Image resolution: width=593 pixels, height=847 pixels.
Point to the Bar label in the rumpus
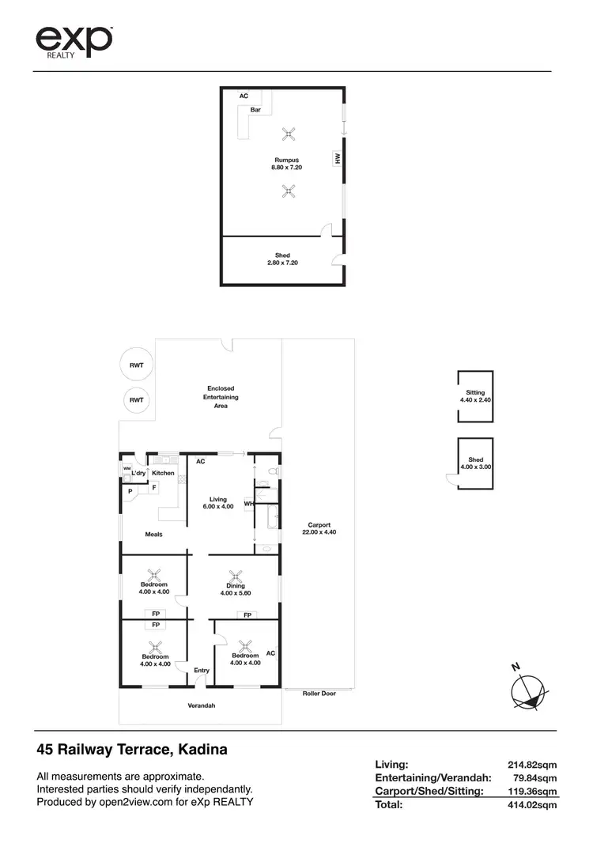[255, 110]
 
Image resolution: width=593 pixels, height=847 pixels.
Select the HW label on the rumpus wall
[338, 159]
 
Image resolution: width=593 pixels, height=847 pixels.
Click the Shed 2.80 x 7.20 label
[282, 259]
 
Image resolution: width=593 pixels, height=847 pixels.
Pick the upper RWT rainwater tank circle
[137, 365]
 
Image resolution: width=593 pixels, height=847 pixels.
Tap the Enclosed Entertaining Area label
[221, 397]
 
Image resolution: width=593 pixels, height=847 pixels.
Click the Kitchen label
[163, 473]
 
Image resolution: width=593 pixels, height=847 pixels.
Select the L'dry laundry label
[138, 473]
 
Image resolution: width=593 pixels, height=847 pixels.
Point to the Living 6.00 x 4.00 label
[218, 502]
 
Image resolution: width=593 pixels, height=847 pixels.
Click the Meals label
[153, 535]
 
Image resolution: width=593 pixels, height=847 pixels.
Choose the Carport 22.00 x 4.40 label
[319, 528]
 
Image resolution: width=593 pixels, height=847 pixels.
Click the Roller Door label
[319, 694]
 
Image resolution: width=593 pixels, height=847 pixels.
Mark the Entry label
[202, 671]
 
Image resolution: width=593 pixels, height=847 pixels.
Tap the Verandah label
[201, 705]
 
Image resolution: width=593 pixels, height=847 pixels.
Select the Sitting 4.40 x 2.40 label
[475, 396]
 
